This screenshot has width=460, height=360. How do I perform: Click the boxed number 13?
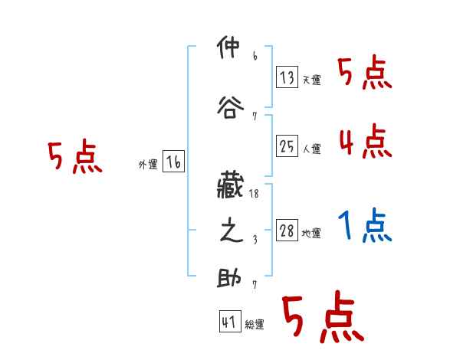point(287,77)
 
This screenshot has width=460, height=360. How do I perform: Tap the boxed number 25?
point(287,146)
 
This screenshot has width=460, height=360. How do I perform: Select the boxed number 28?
point(287,231)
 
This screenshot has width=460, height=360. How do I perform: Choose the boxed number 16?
point(173,162)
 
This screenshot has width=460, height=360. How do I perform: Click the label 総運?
point(255,325)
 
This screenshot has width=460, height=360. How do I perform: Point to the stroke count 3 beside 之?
point(254,240)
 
